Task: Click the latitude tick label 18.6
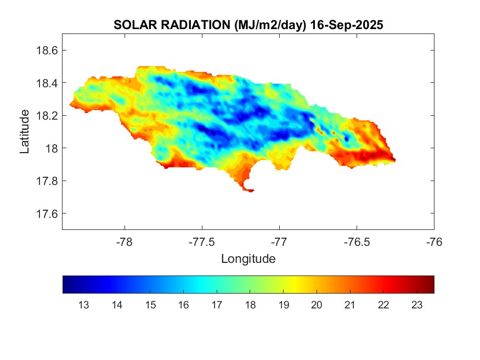[x=47, y=50]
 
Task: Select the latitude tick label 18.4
[x=47, y=83]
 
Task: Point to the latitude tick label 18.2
[x=47, y=116]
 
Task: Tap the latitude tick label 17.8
[x=47, y=181]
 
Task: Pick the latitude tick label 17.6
[x=47, y=213]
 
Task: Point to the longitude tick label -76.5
[x=357, y=241]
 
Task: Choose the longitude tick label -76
[x=434, y=241]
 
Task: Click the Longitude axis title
[x=248, y=258]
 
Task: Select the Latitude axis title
[x=25, y=132]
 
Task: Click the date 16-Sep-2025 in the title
[x=346, y=25]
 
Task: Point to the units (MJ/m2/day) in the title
[x=270, y=25]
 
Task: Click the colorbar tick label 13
[x=84, y=305]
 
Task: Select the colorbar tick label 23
[x=416, y=305]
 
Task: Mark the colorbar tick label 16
[x=184, y=305]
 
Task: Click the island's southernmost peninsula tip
[x=251, y=190]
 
